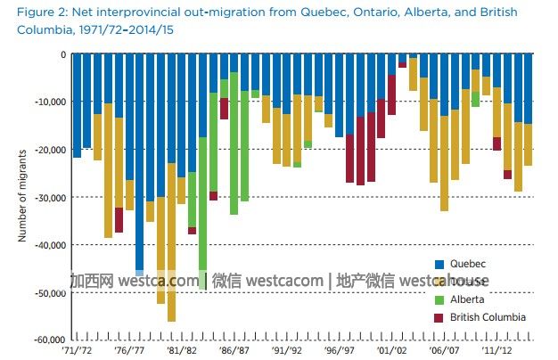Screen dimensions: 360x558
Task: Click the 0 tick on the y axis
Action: [x=62, y=53]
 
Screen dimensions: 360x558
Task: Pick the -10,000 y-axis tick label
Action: [x=48, y=102]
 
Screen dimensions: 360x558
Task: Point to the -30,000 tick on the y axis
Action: [x=48, y=197]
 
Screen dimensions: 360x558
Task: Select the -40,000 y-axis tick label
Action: [x=48, y=244]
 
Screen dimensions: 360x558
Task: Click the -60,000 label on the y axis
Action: [x=48, y=340]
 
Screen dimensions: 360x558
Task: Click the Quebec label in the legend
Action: [x=468, y=264]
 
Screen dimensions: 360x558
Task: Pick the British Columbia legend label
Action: [x=488, y=316]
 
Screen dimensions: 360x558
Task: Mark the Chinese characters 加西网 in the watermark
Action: [x=91, y=282]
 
